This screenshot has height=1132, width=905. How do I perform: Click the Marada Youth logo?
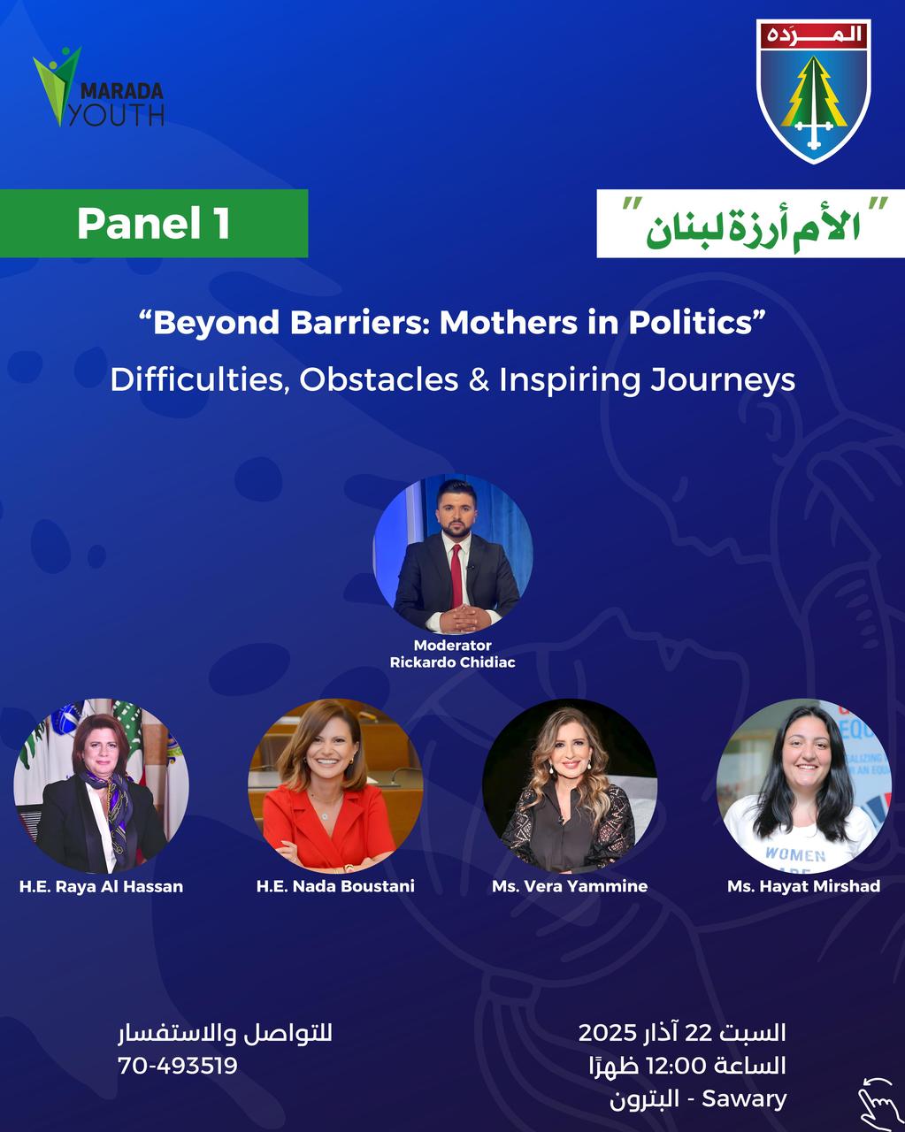point(98,87)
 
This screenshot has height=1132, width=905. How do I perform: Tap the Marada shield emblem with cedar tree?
point(814,91)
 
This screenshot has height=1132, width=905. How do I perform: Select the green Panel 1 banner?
point(154,223)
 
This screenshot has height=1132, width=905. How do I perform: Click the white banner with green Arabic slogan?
point(751,224)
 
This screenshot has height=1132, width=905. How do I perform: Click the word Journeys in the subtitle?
point(723,379)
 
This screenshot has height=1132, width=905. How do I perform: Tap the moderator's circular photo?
point(453,554)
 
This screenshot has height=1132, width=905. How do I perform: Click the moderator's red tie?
point(456,576)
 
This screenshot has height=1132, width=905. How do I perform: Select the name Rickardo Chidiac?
point(453,662)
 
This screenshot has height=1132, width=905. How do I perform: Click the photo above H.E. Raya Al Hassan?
point(101,786)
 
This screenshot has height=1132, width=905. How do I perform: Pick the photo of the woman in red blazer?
point(335,786)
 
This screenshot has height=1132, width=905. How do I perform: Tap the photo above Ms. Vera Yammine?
point(570,786)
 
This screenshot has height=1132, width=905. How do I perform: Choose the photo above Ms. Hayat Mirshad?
point(804,786)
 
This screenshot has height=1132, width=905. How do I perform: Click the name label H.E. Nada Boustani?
point(335,886)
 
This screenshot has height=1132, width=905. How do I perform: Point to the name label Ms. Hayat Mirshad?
point(804,886)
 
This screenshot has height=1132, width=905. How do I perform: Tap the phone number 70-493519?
point(178,1066)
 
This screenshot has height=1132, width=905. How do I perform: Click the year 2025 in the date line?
point(608,1033)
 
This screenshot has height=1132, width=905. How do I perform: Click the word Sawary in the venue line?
point(744,1099)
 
